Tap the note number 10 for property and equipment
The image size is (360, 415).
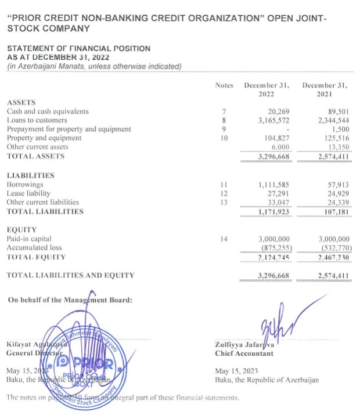[224, 138]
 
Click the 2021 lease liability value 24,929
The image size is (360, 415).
[337, 193]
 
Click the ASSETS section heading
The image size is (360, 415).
[19, 102]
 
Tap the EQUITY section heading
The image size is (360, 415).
[20, 230]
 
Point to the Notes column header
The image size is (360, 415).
[224, 85]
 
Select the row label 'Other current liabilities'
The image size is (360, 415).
[45, 202]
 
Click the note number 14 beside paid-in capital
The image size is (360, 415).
[224, 239]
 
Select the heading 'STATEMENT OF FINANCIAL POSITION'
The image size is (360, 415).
[78, 49]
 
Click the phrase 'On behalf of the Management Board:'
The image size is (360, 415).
[70, 299]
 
